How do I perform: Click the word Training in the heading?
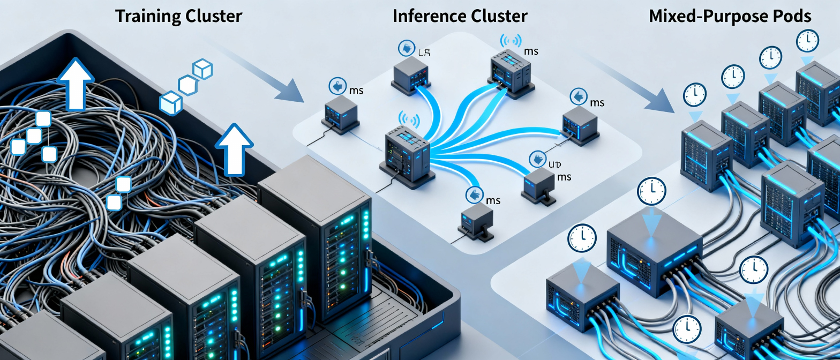[x=146, y=16]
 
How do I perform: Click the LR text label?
[x=423, y=52]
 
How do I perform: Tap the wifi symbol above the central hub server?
[x=409, y=119]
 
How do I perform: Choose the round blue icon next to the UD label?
[x=538, y=159]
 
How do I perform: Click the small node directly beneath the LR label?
[x=410, y=75]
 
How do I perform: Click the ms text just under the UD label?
[x=564, y=177]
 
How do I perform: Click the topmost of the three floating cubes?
[x=203, y=69]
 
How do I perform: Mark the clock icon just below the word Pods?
[x=807, y=41]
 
